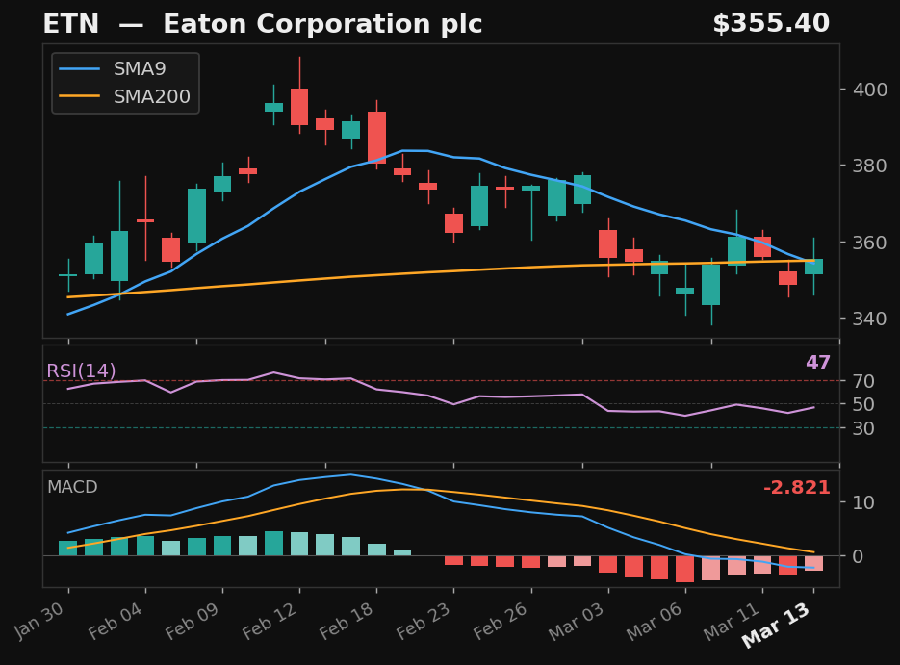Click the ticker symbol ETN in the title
point(70,25)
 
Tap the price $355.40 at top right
point(770,25)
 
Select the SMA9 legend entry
point(140,69)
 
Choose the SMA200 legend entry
point(151,97)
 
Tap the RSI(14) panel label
point(81,371)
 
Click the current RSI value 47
point(817,364)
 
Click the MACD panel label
point(72,488)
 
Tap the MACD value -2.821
point(796,488)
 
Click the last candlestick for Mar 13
point(813,267)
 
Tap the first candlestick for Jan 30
point(68,275)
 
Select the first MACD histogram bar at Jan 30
point(68,548)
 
